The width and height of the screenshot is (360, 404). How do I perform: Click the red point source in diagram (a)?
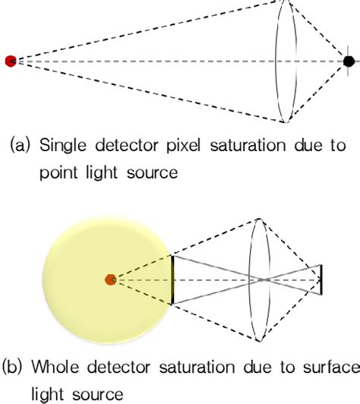pyautogui.click(x=10, y=60)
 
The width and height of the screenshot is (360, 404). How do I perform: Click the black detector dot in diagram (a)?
pyautogui.click(x=349, y=60)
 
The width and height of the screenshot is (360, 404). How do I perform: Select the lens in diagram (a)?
pyautogui.click(x=285, y=60)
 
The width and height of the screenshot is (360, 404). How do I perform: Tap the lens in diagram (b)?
pyautogui.click(x=261, y=280)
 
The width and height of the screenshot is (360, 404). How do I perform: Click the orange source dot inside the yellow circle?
pyautogui.click(x=111, y=280)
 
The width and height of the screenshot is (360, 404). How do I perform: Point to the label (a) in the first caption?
pyautogui.click(x=19, y=144)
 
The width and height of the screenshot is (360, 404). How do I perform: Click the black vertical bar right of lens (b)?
pyautogui.click(x=321, y=280)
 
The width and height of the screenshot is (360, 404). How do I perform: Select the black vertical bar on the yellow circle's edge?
pyautogui.click(x=172, y=280)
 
